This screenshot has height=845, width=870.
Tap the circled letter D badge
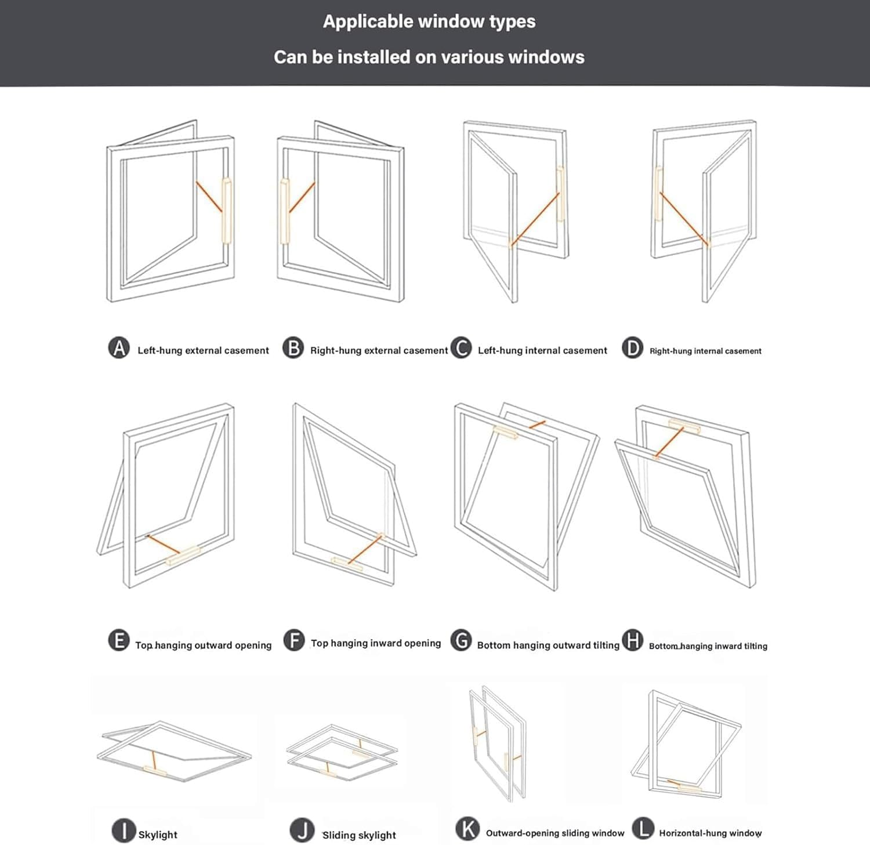point(632,348)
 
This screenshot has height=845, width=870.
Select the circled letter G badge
point(462,641)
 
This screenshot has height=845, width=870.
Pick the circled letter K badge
point(467,829)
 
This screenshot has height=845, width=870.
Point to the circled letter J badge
point(302,831)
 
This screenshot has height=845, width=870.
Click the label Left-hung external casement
point(203,350)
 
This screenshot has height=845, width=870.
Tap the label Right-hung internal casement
point(705,351)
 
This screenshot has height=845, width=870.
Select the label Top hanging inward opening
point(376,643)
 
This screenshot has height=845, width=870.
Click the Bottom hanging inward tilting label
point(708,646)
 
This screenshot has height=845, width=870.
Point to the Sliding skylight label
point(359,835)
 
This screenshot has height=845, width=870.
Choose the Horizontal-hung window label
point(710,833)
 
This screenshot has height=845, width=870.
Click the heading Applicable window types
point(429,21)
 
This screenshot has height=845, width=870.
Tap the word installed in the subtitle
point(387,57)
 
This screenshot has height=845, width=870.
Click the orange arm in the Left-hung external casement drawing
point(209,197)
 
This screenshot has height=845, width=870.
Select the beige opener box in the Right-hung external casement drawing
point(285,211)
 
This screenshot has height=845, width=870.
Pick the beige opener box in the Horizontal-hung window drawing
point(689,789)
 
